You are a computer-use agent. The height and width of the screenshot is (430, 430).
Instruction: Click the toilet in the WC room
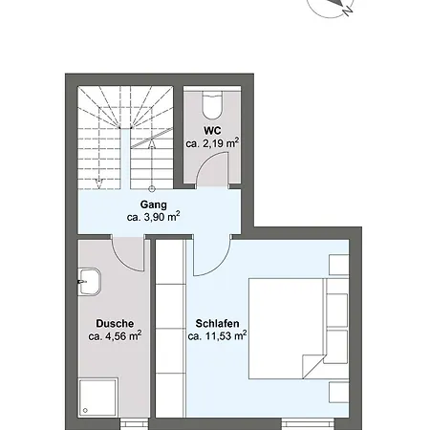pos(212,104)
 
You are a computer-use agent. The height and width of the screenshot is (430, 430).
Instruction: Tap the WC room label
pos(212,131)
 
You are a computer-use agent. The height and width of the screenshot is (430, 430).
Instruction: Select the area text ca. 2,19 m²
pos(212,143)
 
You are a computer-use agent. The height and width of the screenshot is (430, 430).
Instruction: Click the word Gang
pos(154,204)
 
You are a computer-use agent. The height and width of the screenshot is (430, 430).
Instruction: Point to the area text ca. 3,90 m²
pos(154,217)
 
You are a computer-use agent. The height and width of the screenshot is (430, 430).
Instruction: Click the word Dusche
pos(115,324)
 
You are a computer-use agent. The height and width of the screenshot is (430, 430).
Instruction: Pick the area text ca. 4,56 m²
pos(115,336)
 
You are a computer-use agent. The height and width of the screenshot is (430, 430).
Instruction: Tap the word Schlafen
pos(217,324)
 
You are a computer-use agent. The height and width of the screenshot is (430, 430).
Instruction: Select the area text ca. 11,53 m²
pos(217,336)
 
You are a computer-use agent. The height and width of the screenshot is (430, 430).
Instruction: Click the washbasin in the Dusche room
pos(90,282)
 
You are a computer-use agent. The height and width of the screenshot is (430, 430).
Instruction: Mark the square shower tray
pos(98,398)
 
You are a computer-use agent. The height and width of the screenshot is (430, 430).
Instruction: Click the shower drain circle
pos(85,411)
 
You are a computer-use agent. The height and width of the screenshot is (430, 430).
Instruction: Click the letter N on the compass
pos(348,11)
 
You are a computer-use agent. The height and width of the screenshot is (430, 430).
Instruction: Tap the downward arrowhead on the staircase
pos(99,183)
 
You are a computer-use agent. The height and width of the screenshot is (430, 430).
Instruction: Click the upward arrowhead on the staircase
pos(152,144)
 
